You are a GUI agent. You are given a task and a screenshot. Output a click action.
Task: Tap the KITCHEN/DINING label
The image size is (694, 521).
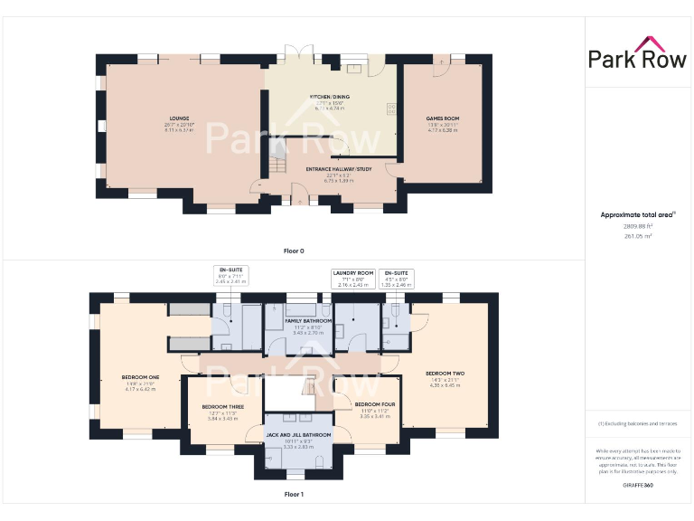pos(329,97)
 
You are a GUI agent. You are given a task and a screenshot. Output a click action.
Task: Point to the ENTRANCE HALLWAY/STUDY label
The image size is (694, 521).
pos(329,169)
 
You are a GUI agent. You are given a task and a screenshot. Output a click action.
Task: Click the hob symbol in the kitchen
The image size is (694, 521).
pos(391,109)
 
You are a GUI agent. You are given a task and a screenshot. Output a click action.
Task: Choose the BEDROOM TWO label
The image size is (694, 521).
pos(445,373)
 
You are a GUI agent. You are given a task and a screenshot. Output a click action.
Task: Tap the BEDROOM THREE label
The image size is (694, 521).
pos(222,407)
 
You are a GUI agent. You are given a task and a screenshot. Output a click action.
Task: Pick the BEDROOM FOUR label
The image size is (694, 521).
pos(373,404)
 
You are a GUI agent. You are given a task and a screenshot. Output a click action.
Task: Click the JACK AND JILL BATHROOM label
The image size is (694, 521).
pos(297,435)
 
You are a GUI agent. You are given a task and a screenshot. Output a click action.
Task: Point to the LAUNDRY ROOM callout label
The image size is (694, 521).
pos(352,272)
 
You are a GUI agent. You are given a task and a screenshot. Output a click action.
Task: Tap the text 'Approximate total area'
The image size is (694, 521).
pos(636,214)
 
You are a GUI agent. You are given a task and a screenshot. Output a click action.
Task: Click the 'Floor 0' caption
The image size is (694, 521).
pos(294,250)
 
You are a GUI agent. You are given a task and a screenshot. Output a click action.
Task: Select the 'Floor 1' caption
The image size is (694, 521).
pos(294,495)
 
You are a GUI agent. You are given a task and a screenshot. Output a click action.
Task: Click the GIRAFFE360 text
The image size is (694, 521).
pos(637,486)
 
